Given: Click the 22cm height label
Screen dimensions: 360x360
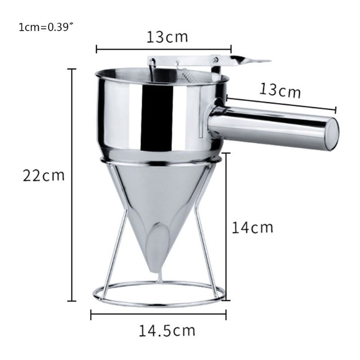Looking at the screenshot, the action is point(44,175).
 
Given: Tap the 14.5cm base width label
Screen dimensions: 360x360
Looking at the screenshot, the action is point(167,331).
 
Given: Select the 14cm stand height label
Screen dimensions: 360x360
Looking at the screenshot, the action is point(252,228).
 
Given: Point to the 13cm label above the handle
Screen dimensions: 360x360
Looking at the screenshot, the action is point(280,90).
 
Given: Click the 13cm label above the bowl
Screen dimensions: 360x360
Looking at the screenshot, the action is point(167,37).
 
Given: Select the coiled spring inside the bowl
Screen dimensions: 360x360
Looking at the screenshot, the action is point(186,76).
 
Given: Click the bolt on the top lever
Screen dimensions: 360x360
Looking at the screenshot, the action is point(216,59).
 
